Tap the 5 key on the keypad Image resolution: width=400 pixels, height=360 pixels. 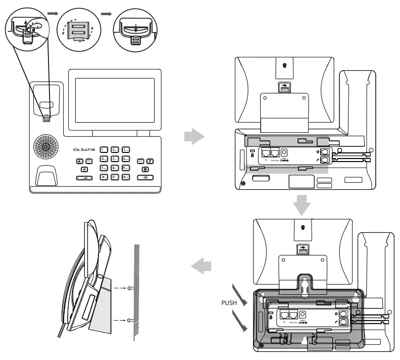(x=115, y=159)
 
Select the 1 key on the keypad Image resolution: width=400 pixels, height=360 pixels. (x=104, y=150)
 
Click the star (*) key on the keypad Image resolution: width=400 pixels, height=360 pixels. (x=104, y=177)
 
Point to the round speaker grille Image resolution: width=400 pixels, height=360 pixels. (x=46, y=147)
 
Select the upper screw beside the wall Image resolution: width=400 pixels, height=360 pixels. (x=130, y=288)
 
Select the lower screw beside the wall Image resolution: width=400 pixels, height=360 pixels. (x=130, y=319)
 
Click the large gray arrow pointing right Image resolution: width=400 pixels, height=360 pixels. (x=194, y=136)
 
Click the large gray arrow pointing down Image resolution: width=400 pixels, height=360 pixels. (x=302, y=204)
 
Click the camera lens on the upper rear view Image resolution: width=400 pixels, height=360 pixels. (x=284, y=65)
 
